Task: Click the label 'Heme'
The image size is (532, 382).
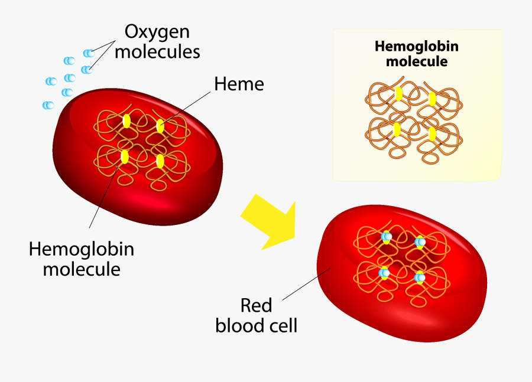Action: (239, 84)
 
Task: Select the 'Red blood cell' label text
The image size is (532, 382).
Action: (256, 315)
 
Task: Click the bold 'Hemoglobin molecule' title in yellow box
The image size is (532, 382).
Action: (417, 54)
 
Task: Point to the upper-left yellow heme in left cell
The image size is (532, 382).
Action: (126, 120)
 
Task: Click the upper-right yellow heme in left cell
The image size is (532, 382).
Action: (160, 125)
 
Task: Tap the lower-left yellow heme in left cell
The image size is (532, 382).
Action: (125, 156)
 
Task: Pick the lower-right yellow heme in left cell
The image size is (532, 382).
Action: (160, 161)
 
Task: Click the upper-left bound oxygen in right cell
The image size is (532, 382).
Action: (386, 237)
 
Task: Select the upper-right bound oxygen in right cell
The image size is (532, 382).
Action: (420, 241)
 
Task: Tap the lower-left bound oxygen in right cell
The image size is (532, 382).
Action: (385, 273)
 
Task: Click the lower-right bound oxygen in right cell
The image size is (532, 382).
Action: (420, 277)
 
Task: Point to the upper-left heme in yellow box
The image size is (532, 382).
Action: (399, 94)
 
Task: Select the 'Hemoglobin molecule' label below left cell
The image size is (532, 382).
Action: (82, 259)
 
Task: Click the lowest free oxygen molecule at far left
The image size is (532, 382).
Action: (48, 105)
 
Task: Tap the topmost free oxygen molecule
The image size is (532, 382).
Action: (89, 53)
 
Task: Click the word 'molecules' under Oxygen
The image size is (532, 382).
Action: (157, 51)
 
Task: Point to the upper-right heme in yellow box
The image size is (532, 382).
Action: (432, 98)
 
